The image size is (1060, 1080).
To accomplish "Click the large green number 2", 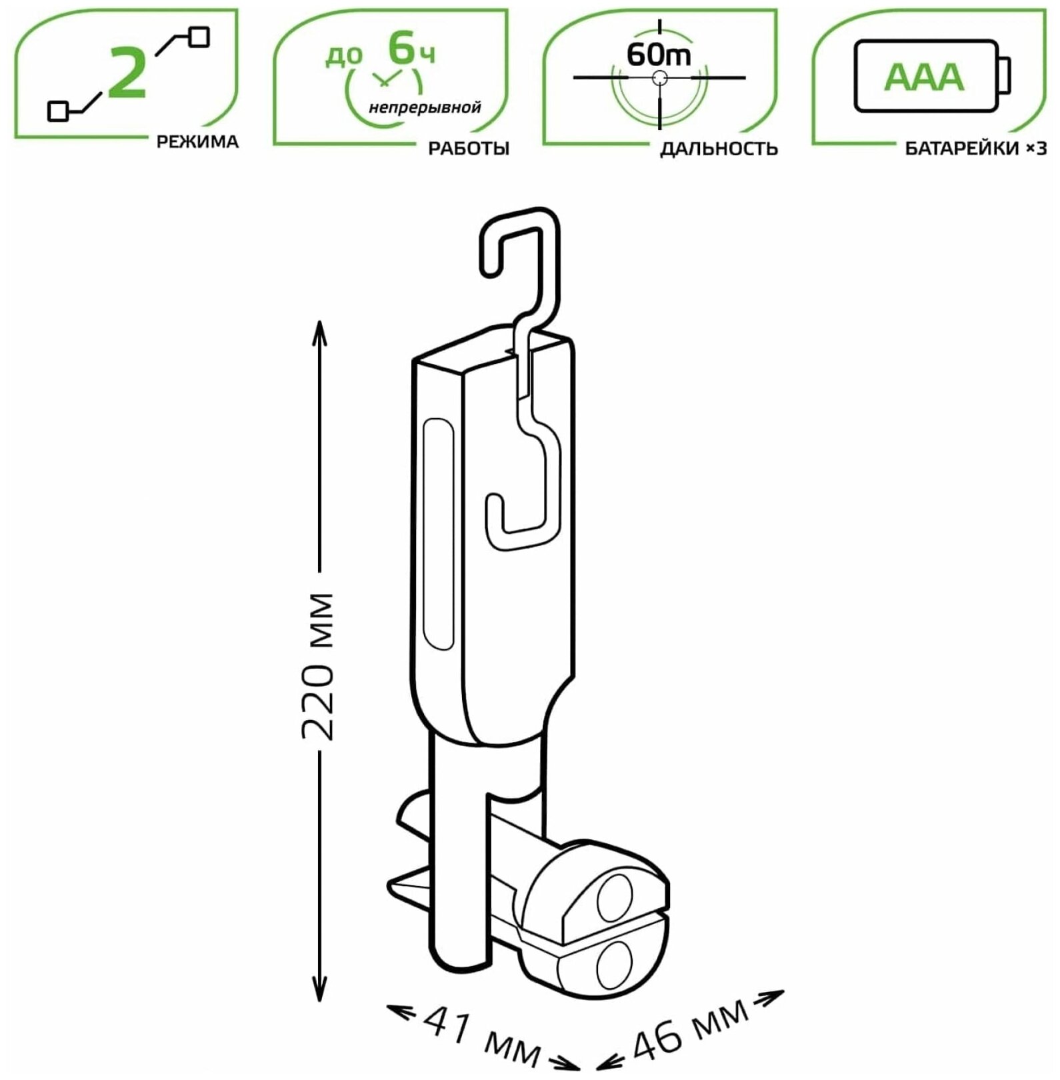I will pos(127,74).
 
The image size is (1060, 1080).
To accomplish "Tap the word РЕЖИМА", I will pos(197,142).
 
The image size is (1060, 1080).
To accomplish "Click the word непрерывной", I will pos(425,107).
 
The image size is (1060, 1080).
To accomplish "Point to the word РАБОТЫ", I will pos(469,148).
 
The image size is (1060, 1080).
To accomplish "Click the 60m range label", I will pos(659,55).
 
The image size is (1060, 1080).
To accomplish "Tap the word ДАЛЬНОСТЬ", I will pos(719,148).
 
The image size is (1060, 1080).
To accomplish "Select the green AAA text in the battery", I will pos(923,77).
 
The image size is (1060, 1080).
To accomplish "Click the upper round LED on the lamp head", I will pos(615,901).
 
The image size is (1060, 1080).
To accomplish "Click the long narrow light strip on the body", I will pos(439,533).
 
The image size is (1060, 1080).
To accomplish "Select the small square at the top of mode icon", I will pos(199,37).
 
